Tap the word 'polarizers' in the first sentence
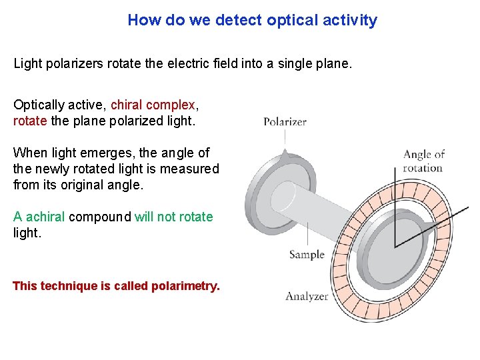pos(74,65)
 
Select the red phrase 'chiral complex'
pos(153,105)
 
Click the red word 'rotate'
pos(30,121)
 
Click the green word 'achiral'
pos(45,217)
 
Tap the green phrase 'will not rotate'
pos(173,217)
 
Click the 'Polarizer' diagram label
pos(285,122)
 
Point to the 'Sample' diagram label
pos(307,254)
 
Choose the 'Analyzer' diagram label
pos(307,297)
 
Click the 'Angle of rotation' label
pos(423,161)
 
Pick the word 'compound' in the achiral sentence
pos(100,217)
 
